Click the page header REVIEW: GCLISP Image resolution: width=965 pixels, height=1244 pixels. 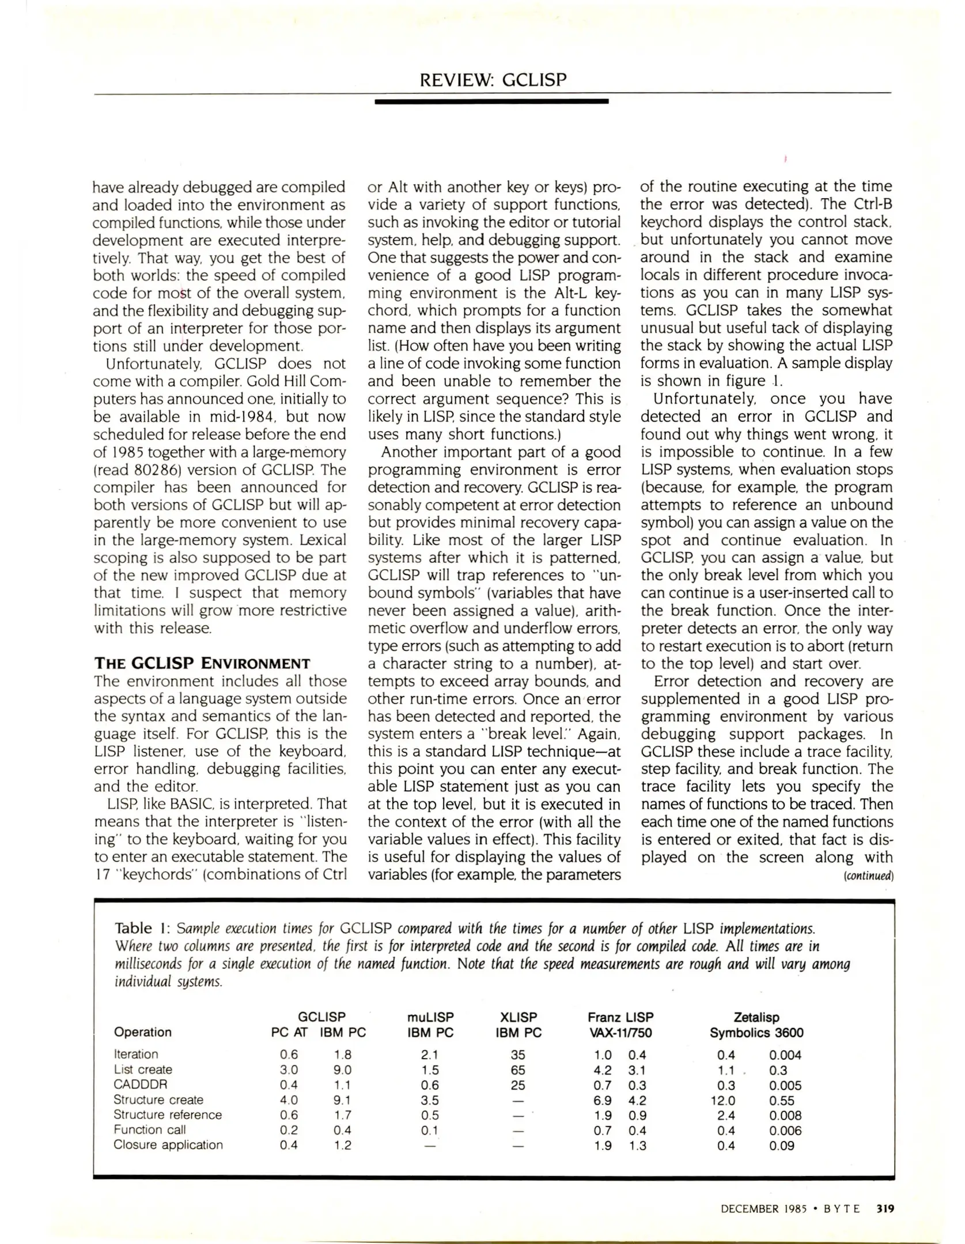(x=493, y=79)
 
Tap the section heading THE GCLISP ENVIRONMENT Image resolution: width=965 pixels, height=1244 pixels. (x=202, y=663)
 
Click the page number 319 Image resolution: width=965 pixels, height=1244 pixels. (x=884, y=1208)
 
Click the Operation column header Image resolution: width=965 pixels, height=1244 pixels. (x=143, y=1032)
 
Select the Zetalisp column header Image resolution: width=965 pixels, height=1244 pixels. (x=756, y=1017)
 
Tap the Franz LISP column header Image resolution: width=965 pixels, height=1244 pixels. (x=620, y=1017)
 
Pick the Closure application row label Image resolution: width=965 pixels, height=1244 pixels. (x=168, y=1145)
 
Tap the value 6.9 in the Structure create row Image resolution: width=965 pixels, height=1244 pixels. (x=603, y=1100)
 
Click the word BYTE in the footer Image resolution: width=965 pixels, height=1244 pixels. (x=841, y=1208)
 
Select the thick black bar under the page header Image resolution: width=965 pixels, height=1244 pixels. (x=491, y=101)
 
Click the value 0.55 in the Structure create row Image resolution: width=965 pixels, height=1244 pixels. (x=781, y=1100)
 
